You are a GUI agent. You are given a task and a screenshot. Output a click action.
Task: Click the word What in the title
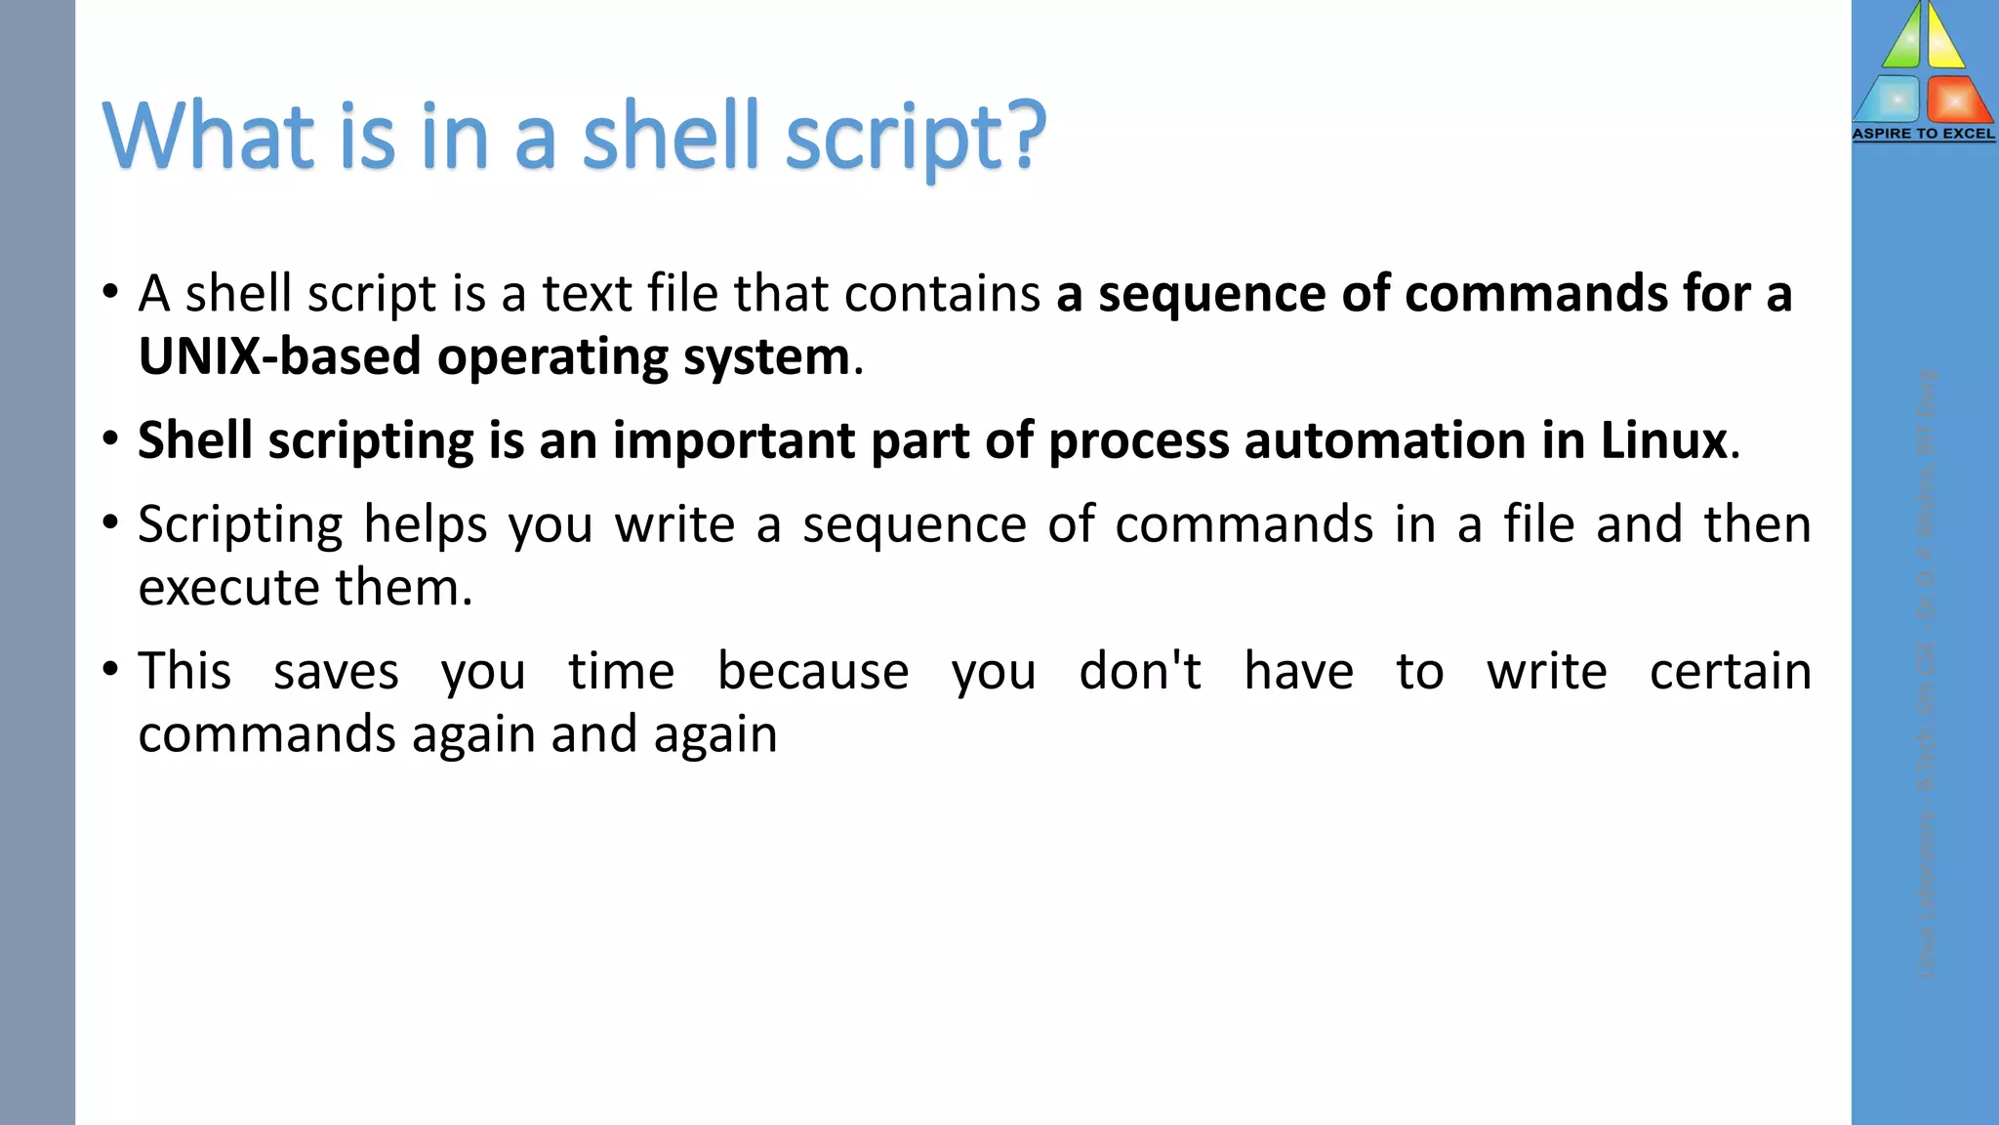209,136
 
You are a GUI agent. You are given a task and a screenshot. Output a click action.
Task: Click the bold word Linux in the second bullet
1663,440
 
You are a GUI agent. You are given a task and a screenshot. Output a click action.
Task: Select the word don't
1139,672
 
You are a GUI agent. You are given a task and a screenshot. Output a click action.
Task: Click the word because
813,672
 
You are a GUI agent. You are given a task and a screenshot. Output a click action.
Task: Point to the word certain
1730,672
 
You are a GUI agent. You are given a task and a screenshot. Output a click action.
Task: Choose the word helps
425,525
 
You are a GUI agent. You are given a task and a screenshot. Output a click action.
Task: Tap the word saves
336,672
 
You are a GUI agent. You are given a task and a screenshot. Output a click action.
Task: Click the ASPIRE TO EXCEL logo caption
1924,134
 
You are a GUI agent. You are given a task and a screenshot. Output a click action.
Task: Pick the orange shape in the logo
1957,101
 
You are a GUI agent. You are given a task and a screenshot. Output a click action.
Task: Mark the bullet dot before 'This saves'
110,670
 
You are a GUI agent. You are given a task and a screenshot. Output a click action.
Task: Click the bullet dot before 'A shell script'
110,292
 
